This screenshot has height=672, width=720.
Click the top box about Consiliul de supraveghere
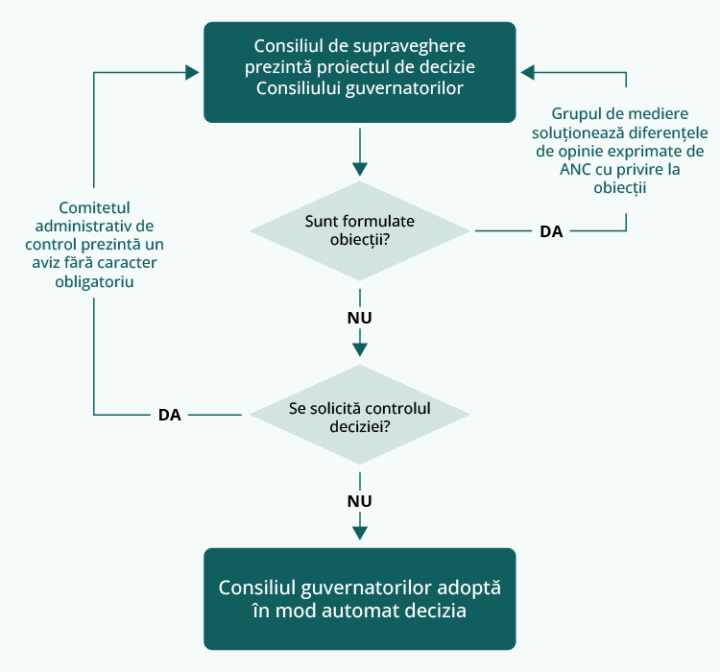pos(360,72)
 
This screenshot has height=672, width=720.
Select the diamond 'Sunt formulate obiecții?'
pos(360,230)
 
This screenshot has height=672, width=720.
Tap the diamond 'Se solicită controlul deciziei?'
pos(360,415)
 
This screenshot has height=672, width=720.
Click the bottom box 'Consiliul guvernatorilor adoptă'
pos(360,598)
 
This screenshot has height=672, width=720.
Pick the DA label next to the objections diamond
pos(551,231)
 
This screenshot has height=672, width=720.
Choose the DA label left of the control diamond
pos(169,415)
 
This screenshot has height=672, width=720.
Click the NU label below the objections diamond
pos(360,317)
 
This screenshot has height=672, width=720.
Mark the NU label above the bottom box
pos(360,501)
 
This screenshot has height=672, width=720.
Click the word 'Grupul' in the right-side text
pos(577,113)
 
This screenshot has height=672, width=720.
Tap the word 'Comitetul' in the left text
pos(94,206)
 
